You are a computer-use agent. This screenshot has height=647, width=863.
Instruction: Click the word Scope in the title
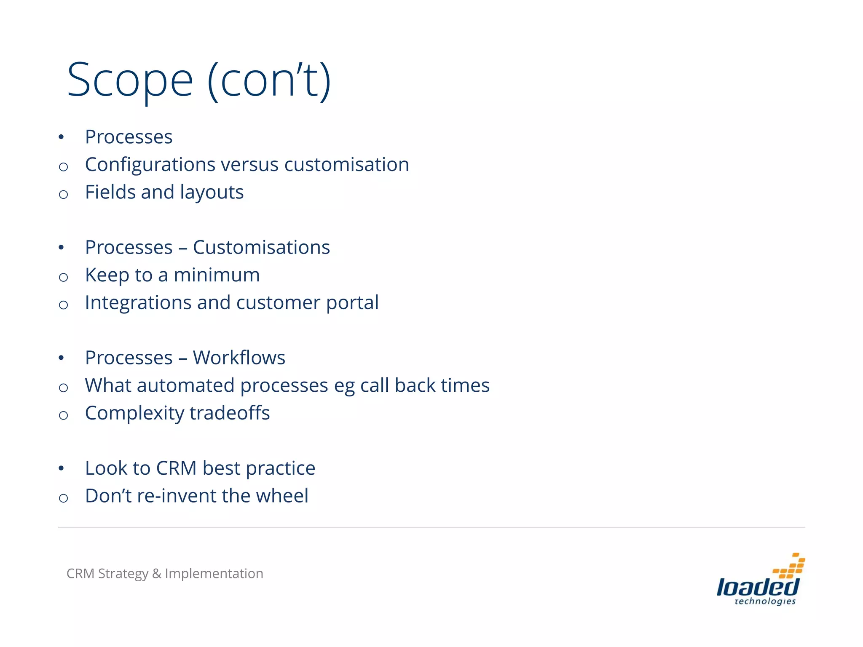coord(130,80)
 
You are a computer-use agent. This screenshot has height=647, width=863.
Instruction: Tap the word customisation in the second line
coord(346,165)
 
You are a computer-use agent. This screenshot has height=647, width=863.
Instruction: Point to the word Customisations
coord(261,247)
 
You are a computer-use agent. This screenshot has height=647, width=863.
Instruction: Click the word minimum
coord(217,275)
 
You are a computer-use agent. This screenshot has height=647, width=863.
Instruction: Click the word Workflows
coord(239,358)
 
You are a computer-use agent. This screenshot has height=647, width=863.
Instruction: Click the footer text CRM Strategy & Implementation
coord(165,573)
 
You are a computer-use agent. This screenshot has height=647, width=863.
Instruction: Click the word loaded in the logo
coord(758,587)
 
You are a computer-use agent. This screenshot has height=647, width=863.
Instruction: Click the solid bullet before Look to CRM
coord(62,468)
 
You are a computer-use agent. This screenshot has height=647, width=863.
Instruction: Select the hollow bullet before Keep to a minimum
coord(64,277)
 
